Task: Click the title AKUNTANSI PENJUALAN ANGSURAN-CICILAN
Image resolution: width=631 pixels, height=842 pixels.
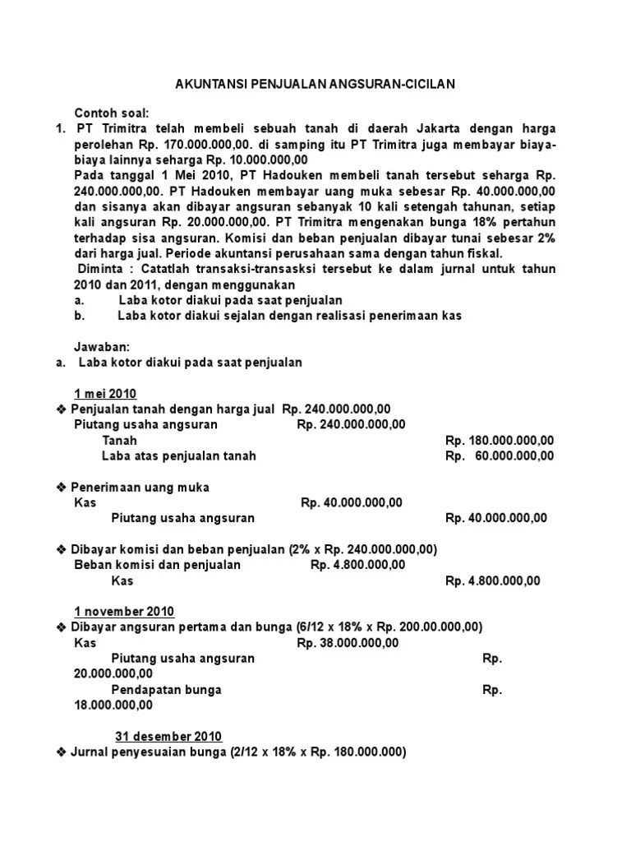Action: pyautogui.click(x=315, y=84)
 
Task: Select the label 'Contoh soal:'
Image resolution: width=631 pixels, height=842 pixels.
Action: pyautogui.click(x=111, y=113)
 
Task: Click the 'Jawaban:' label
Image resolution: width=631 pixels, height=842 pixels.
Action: pyautogui.click(x=102, y=347)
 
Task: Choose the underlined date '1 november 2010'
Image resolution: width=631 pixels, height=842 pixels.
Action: pyautogui.click(x=124, y=611)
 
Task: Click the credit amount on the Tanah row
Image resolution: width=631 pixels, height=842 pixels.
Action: pyautogui.click(x=500, y=440)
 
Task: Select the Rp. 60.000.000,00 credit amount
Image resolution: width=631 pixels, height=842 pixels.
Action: pyautogui.click(x=500, y=456)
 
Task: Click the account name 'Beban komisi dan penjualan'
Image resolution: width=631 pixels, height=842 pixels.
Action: pyautogui.click(x=157, y=565)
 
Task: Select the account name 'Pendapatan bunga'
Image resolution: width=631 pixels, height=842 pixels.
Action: pyautogui.click(x=166, y=690)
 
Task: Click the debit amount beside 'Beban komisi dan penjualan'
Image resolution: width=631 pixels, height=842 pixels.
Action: pyautogui.click(x=358, y=565)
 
